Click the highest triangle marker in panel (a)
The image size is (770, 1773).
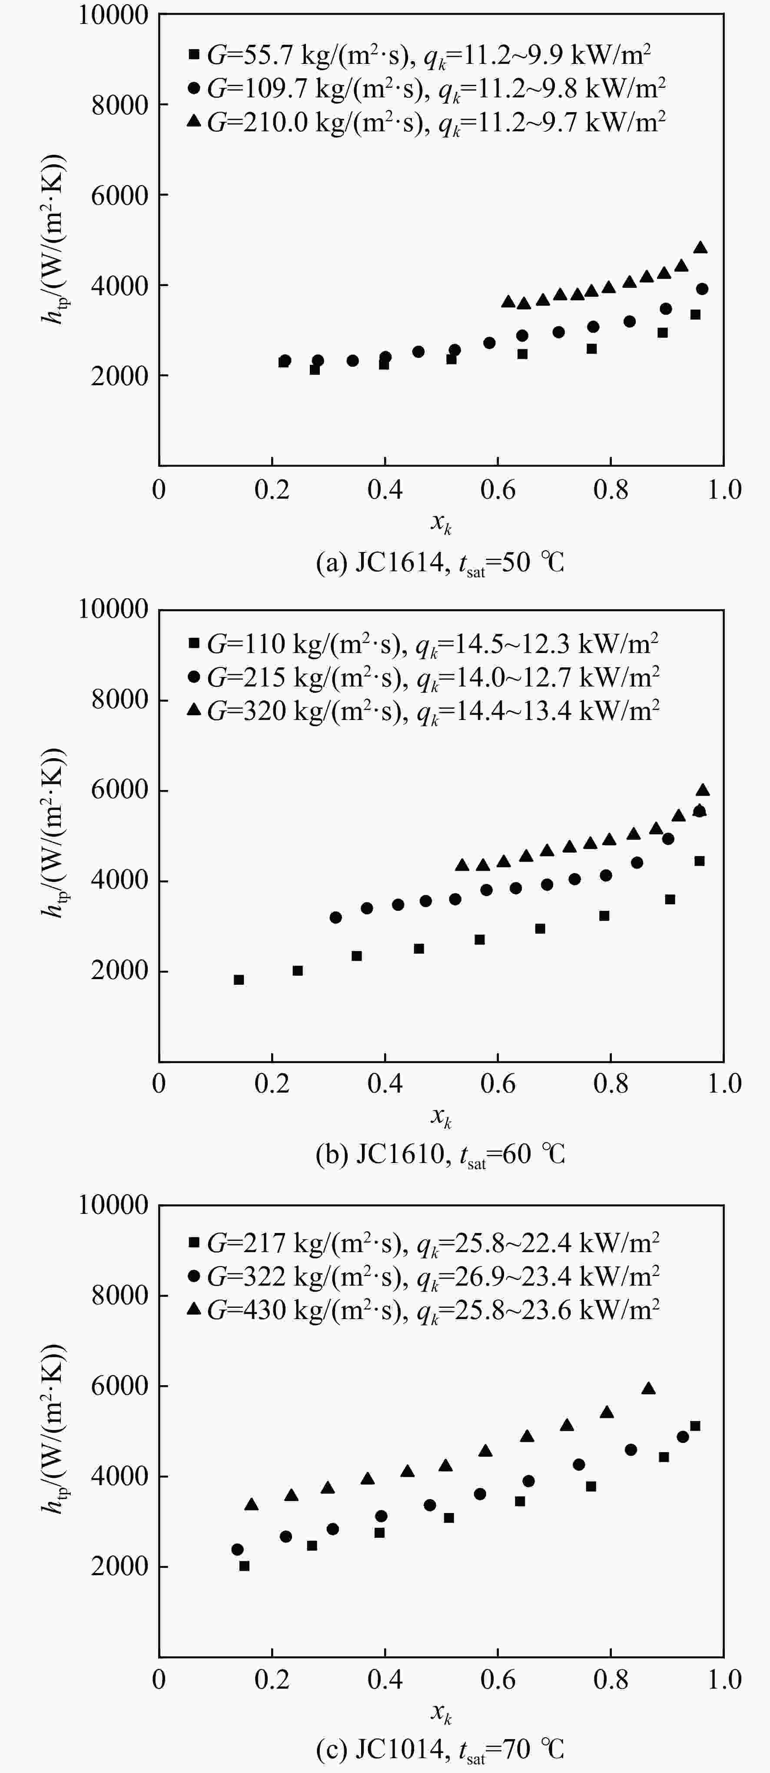point(700,247)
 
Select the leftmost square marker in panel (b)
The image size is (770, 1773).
point(239,980)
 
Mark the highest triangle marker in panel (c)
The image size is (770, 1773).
point(648,1388)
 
